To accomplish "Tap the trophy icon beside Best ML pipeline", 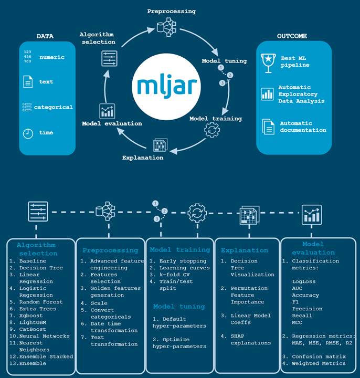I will tap(268, 61).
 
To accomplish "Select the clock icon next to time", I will tap(27, 133).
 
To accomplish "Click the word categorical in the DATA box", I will tap(54, 107).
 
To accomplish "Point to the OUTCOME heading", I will tap(292, 36).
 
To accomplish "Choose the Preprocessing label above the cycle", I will tap(171, 11).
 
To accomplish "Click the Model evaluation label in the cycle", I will tap(112, 123).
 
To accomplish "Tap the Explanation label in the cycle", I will tap(142, 157).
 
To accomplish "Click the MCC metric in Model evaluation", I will tap(298, 322).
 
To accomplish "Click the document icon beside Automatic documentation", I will tap(268, 127).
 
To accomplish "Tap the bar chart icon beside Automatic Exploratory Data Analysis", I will tap(268, 94).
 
